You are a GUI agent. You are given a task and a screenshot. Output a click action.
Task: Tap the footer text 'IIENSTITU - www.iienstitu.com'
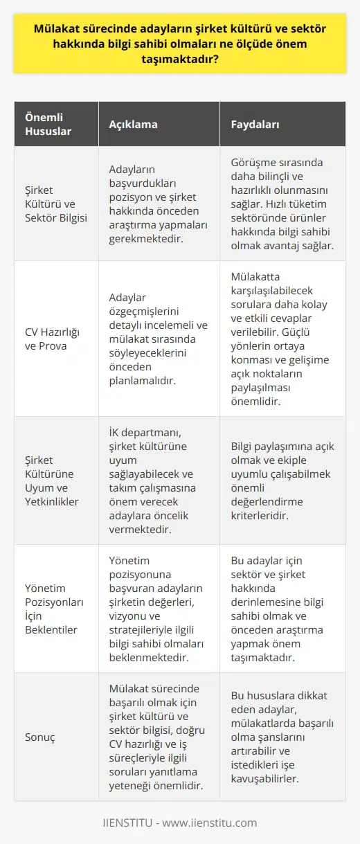point(180,823)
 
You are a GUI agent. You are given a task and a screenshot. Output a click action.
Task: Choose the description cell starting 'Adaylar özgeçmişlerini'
point(159,338)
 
